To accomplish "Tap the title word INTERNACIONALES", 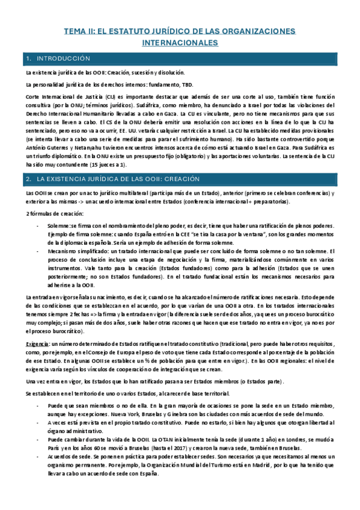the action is point(180,43).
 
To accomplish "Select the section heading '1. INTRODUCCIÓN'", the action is point(63,59).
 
